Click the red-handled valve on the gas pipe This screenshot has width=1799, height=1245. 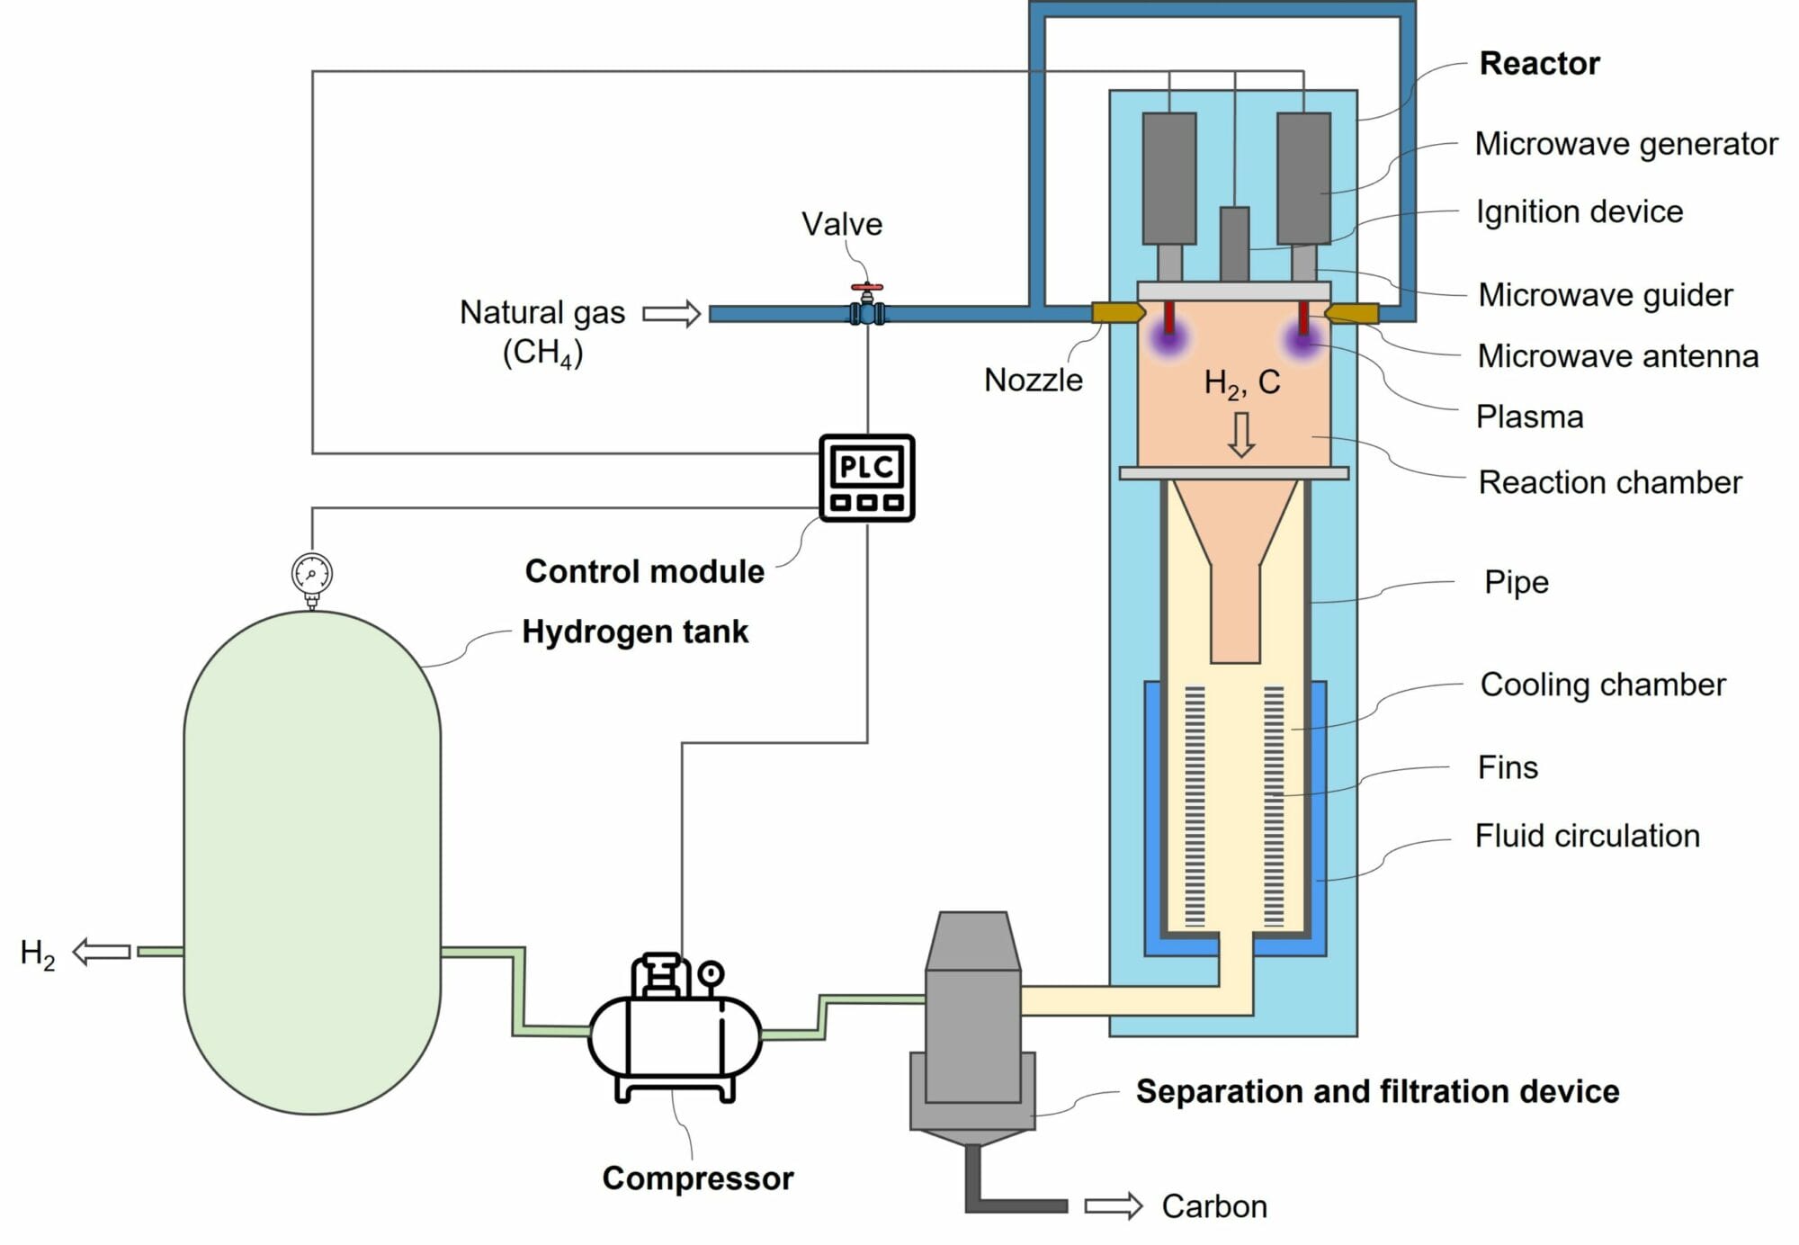tap(867, 306)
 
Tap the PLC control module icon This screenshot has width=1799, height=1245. tap(866, 478)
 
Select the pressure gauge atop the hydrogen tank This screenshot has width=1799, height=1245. tap(312, 574)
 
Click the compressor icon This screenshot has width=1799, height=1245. tap(676, 1030)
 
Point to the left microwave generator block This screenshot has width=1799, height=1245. tap(1168, 178)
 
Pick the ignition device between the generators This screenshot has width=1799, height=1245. tap(1234, 243)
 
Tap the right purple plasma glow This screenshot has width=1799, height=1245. tap(1301, 341)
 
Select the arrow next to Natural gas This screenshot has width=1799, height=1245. tap(671, 313)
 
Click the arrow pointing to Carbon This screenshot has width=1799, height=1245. tap(1113, 1206)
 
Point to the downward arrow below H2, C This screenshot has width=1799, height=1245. tap(1241, 434)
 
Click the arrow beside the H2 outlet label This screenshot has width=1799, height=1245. tap(102, 951)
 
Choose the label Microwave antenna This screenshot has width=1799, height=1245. tap(1617, 356)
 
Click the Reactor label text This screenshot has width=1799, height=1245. tap(1539, 64)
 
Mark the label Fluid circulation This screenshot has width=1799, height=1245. tap(1587, 836)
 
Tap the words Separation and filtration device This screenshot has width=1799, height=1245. tap(1376, 1091)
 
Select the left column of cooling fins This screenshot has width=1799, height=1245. tap(1195, 806)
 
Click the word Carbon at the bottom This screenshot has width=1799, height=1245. tap(1213, 1206)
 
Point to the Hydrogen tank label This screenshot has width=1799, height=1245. tap(635, 631)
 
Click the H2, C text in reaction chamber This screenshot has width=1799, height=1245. tap(1241, 383)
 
